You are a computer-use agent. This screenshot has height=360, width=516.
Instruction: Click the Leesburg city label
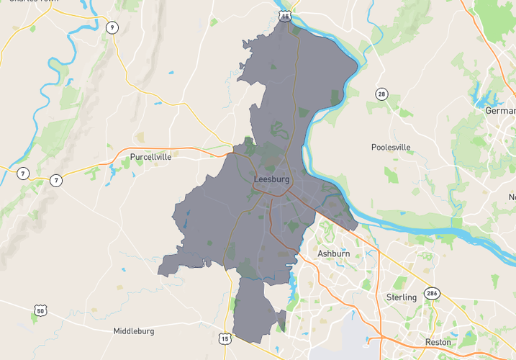[271, 179]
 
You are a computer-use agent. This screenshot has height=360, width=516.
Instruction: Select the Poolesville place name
[391, 147]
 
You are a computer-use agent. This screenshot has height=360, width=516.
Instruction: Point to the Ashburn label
[334, 254]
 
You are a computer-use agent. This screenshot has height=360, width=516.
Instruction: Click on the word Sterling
[401, 297]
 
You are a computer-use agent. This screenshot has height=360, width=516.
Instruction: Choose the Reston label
[438, 342]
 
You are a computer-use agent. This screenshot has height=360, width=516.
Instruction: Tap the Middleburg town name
[133, 331]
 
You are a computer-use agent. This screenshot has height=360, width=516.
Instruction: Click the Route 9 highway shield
[111, 27]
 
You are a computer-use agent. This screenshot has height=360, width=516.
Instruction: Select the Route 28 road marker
[381, 94]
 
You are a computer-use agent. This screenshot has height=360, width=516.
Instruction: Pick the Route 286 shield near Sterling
[431, 294]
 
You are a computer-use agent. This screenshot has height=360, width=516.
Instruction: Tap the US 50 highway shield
[39, 310]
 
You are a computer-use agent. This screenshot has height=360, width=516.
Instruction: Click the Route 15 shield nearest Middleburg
[225, 337]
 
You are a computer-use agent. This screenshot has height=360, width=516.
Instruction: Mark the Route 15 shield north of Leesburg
[286, 14]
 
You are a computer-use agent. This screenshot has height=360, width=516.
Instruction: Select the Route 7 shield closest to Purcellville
[55, 180]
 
